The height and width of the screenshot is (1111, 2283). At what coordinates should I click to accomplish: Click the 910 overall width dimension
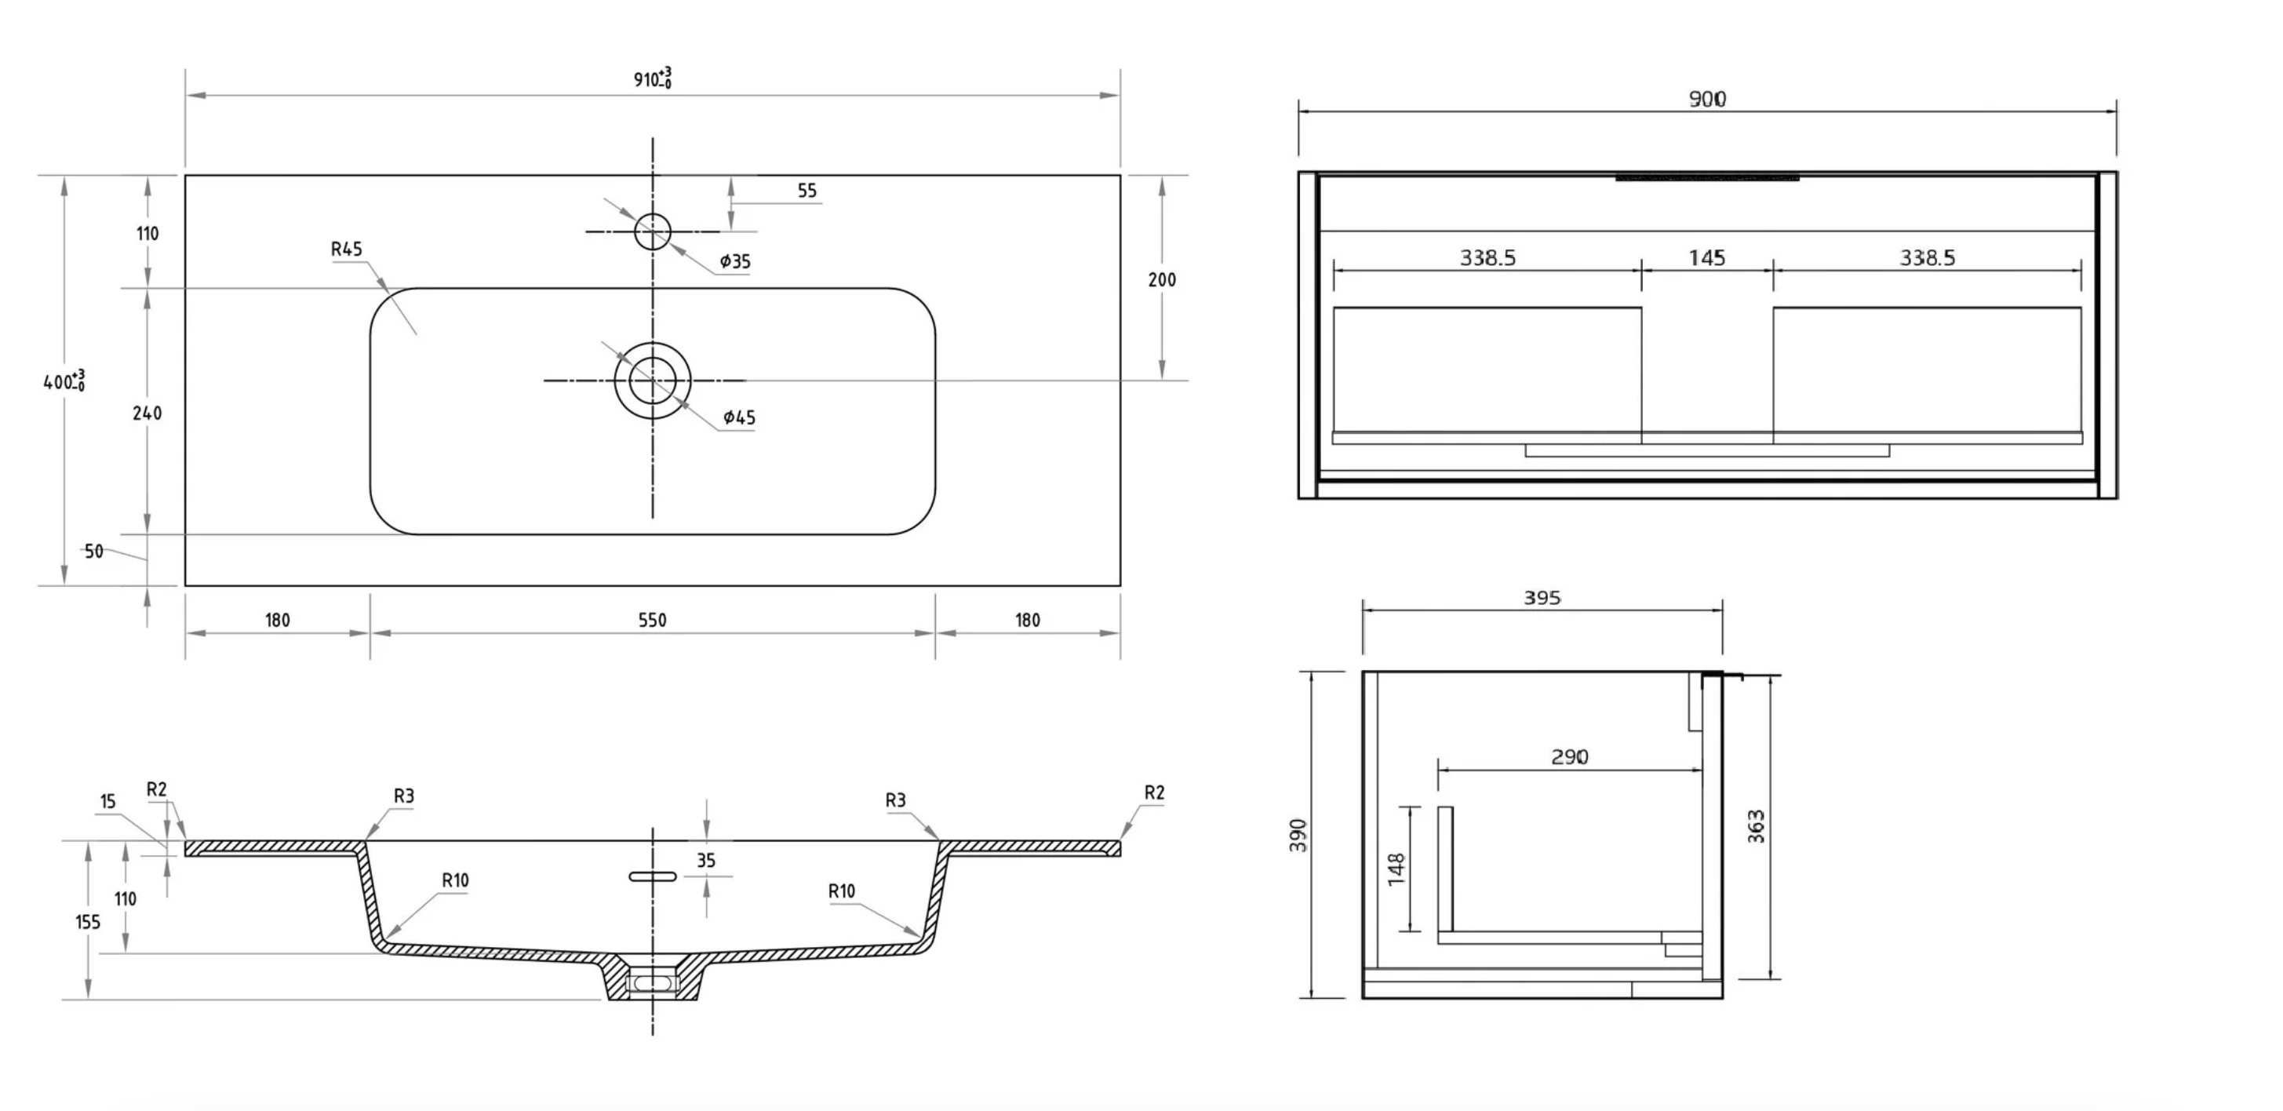tap(651, 79)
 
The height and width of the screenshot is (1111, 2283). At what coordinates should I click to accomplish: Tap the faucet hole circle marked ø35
tap(652, 231)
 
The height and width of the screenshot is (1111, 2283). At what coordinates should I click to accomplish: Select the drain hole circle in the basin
tap(652, 381)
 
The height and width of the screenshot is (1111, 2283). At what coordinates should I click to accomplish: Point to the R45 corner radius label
tap(347, 250)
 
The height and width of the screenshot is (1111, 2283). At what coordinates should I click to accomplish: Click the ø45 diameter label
tap(739, 417)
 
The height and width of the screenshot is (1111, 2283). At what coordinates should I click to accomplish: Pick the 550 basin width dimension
tap(652, 620)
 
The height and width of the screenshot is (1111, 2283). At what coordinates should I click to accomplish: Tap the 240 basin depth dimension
tap(147, 413)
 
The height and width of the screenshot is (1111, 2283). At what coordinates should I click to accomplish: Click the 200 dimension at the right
tap(1162, 279)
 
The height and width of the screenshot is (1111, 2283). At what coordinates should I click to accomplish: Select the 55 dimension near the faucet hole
tap(807, 191)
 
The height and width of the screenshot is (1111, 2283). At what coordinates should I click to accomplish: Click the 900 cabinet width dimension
tap(1707, 98)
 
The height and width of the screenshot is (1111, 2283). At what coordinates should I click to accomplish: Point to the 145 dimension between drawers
tap(1707, 258)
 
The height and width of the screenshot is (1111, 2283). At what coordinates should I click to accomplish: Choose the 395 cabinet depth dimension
tap(1542, 598)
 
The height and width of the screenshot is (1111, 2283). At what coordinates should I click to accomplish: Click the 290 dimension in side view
tap(1570, 757)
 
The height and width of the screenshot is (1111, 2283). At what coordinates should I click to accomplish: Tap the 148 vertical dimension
tap(1396, 869)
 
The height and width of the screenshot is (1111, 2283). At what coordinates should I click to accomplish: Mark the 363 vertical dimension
tap(1757, 826)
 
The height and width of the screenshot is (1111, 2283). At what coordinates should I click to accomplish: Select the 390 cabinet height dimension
tap(1298, 836)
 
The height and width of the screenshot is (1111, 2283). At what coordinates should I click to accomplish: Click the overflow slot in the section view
tap(652, 877)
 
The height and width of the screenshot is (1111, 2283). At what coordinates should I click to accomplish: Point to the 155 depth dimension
tap(88, 922)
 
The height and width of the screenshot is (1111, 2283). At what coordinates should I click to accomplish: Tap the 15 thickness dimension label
tap(108, 802)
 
